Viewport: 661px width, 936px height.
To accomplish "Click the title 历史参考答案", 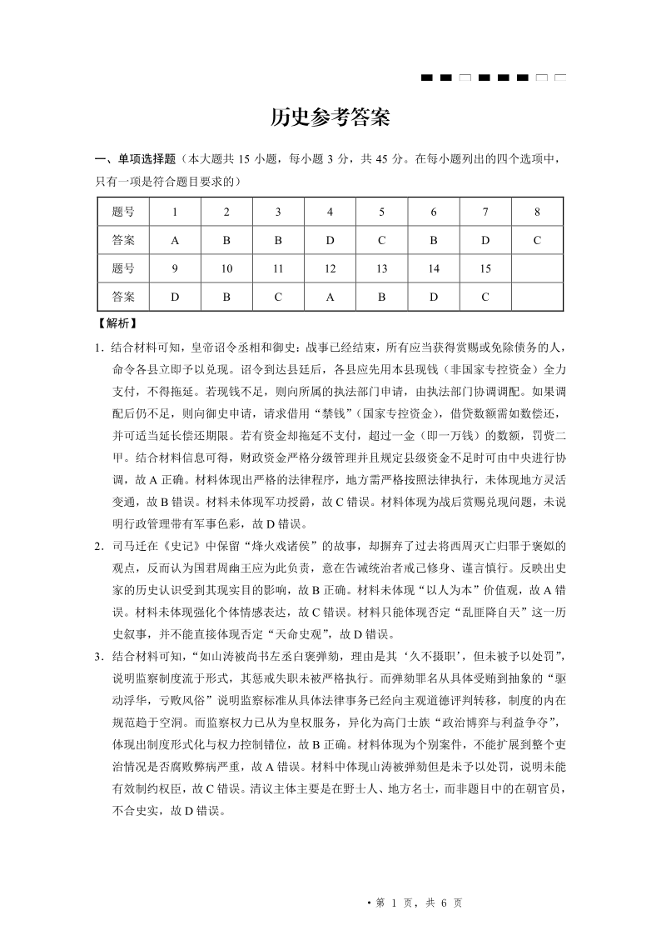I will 330,118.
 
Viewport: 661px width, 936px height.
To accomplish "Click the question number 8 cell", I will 537,212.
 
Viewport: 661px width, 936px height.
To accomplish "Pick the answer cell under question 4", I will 330,240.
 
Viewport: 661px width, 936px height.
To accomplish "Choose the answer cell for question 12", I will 330,296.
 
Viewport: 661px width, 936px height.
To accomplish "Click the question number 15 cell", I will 485,268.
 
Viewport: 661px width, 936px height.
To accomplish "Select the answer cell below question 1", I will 175,240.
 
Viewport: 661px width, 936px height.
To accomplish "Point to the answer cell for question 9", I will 175,296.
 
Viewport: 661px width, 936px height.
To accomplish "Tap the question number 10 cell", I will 226,268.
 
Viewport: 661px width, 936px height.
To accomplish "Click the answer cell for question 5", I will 381,240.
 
